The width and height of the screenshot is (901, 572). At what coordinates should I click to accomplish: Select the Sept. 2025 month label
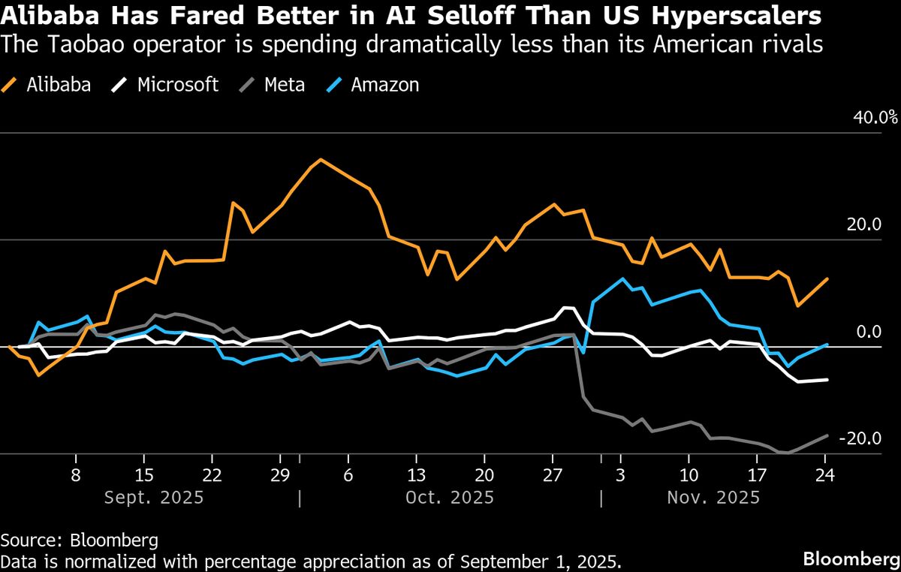(x=153, y=497)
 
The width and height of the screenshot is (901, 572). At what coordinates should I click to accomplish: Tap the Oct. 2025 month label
(x=449, y=497)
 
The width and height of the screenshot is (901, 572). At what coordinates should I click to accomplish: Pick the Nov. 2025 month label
(x=713, y=497)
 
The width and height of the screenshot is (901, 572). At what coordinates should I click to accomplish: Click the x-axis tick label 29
(x=280, y=475)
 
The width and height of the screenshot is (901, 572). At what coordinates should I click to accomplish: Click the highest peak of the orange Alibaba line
(x=321, y=159)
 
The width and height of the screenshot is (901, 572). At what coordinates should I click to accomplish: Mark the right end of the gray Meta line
(x=827, y=435)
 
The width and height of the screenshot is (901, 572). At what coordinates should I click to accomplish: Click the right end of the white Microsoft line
(x=827, y=380)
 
